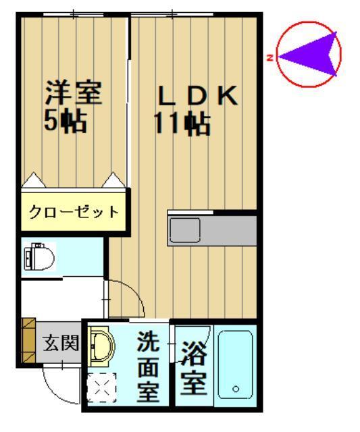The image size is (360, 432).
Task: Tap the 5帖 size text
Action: click(x=66, y=122)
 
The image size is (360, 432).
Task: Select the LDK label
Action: click(x=198, y=97)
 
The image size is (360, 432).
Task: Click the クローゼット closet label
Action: click(x=74, y=212)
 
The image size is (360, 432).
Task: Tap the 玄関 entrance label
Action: click(x=61, y=343)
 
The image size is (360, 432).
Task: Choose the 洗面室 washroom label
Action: click(x=149, y=367)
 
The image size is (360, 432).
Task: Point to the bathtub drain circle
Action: click(x=235, y=389)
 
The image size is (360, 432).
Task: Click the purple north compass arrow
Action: click(x=307, y=55)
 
